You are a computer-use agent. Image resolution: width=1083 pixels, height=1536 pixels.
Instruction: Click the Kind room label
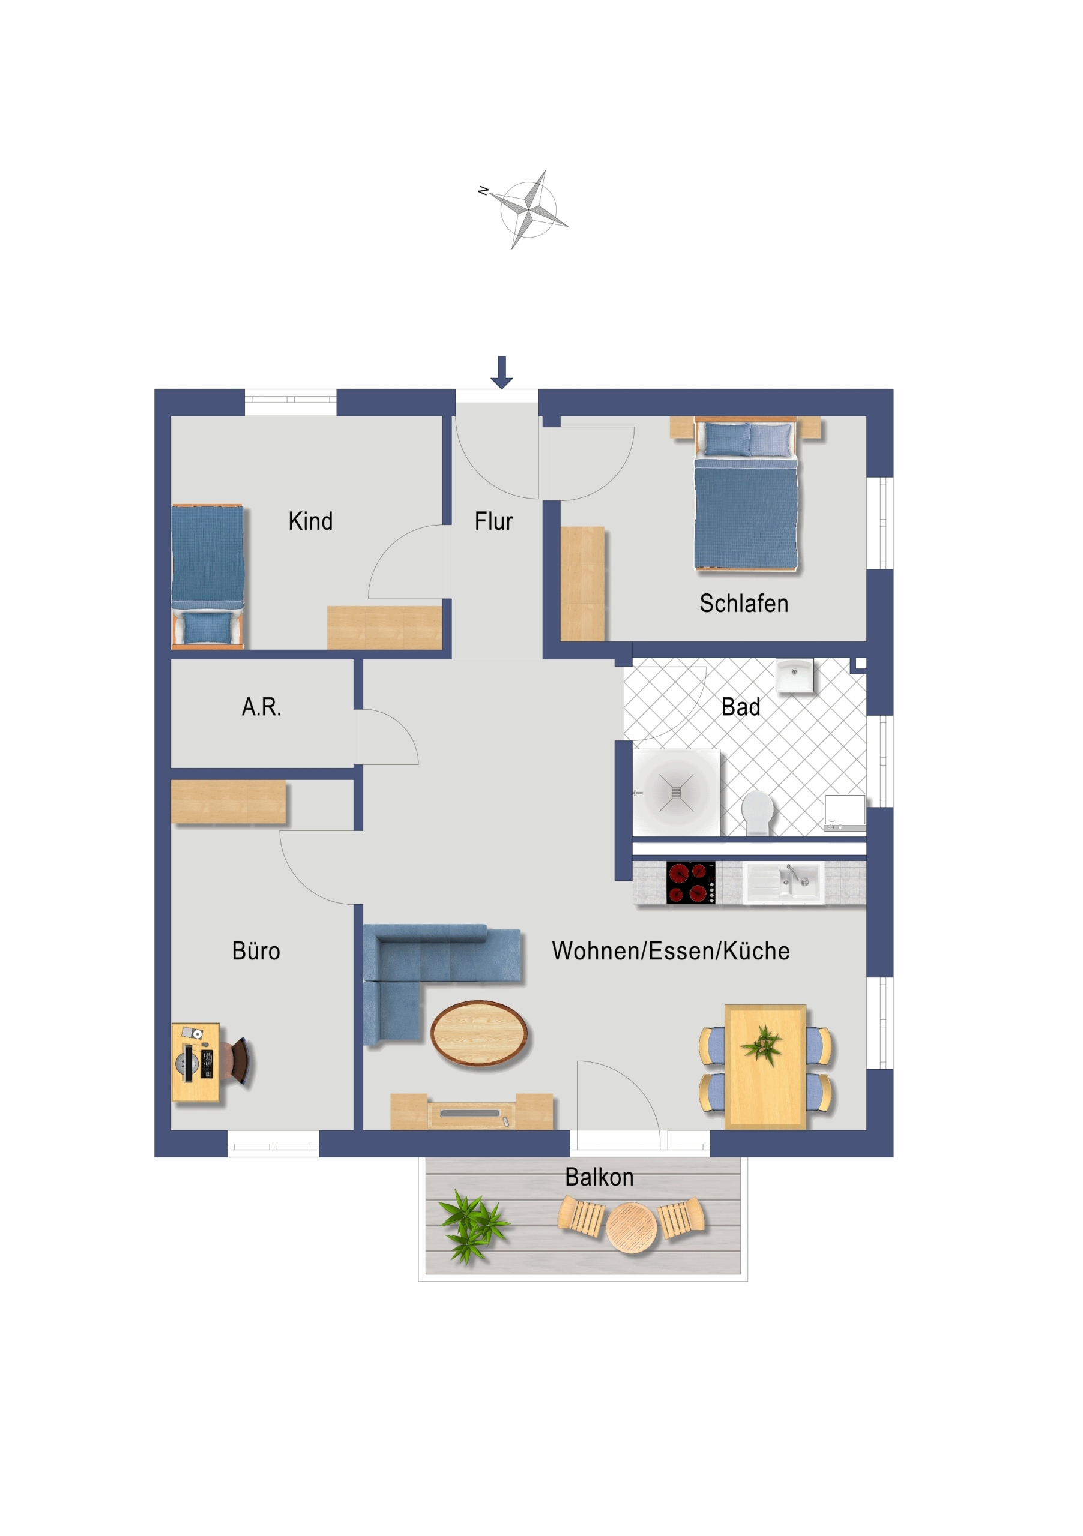pyautogui.click(x=310, y=521)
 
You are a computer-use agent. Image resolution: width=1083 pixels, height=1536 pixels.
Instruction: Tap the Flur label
pyautogui.click(x=493, y=521)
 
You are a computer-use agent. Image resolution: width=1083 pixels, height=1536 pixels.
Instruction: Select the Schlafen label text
pyautogui.click(x=744, y=604)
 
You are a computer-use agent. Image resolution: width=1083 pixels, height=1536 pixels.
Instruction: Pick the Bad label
pyautogui.click(x=741, y=707)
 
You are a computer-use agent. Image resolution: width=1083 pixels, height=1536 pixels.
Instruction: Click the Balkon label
pyautogui.click(x=599, y=1177)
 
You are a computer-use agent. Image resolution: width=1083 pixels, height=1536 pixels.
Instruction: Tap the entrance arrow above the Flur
pyautogui.click(x=501, y=372)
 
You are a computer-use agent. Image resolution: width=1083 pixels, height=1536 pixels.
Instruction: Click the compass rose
pyautogui.click(x=528, y=209)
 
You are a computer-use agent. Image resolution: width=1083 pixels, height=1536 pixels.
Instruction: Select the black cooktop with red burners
pyautogui.click(x=691, y=882)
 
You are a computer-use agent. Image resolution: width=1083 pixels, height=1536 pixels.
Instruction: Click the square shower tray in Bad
pyautogui.click(x=677, y=792)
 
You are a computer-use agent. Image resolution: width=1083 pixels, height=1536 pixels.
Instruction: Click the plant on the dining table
pyautogui.click(x=762, y=1045)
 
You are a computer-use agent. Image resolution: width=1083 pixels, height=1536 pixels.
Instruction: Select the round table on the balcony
pyautogui.click(x=631, y=1227)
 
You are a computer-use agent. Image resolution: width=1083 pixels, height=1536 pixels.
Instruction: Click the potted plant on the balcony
pyautogui.click(x=472, y=1226)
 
